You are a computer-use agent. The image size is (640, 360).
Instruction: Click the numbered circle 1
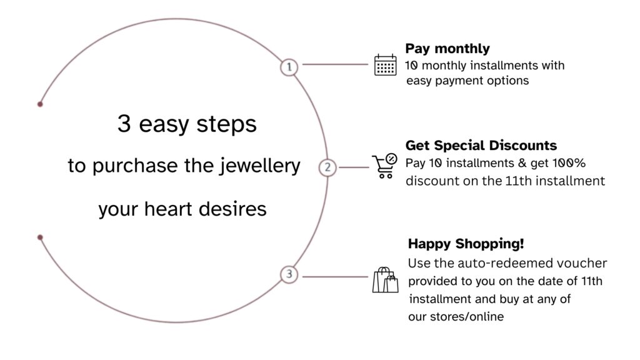point(289,67)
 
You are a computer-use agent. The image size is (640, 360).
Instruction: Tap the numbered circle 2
point(327,167)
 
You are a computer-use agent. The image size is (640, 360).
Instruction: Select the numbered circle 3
point(289,274)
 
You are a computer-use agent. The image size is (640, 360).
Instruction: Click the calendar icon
point(385,65)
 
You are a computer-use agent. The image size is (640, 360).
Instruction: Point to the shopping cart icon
point(384,166)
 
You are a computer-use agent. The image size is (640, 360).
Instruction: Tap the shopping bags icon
point(385,280)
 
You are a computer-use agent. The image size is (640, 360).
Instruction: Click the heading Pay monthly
point(447,49)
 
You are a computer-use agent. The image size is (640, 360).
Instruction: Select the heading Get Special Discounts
point(481,145)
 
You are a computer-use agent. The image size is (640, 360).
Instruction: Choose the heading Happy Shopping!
point(466,244)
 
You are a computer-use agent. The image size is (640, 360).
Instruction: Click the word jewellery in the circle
point(259,166)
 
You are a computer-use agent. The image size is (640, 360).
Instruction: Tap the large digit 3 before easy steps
point(124,123)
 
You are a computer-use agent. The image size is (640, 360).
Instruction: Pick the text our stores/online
point(456,316)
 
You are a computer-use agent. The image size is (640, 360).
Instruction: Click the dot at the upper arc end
point(40,104)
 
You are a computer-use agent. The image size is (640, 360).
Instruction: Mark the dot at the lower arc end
point(40,237)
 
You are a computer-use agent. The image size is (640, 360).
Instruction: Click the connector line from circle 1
point(335,64)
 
